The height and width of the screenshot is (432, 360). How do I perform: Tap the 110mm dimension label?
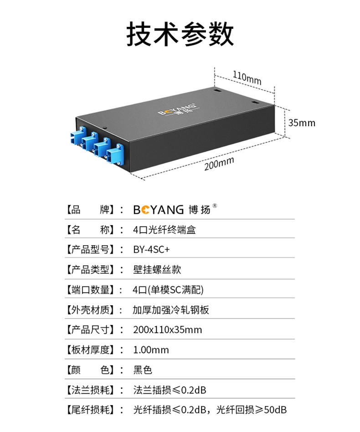(247, 77)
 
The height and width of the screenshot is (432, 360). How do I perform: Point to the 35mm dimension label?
(302, 123)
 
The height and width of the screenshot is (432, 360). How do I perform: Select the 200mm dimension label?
(219, 163)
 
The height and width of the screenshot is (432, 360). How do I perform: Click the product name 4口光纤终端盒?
(165, 230)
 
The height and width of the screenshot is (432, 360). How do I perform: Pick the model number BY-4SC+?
(151, 249)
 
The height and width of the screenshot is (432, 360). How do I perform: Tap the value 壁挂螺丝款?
(157, 269)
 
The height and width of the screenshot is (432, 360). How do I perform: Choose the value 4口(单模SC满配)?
(168, 290)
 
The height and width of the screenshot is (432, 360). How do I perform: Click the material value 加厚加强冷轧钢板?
(171, 310)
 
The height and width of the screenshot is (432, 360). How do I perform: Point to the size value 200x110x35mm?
(167, 330)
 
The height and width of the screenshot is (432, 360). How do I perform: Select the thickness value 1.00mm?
(151, 350)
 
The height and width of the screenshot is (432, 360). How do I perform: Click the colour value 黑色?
(143, 370)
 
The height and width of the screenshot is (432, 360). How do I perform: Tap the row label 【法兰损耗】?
(90, 390)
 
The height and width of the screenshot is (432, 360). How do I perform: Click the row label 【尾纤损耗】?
(90, 410)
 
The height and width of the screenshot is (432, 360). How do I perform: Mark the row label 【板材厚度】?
(90, 350)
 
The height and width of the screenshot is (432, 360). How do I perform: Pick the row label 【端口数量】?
(90, 290)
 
